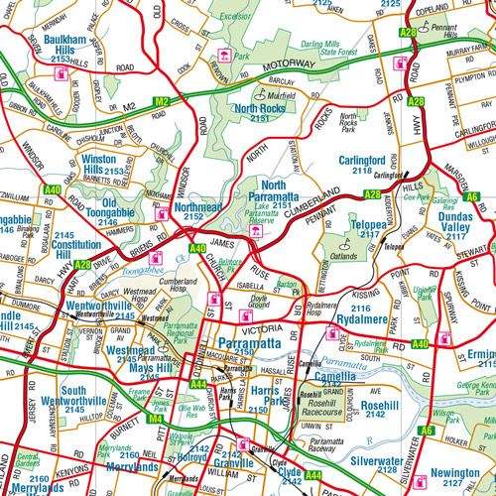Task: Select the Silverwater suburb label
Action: pyautogui.click(x=375, y=462)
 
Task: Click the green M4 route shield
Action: pyautogui.click(x=155, y=419)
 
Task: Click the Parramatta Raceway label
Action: pyautogui.click(x=326, y=446)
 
